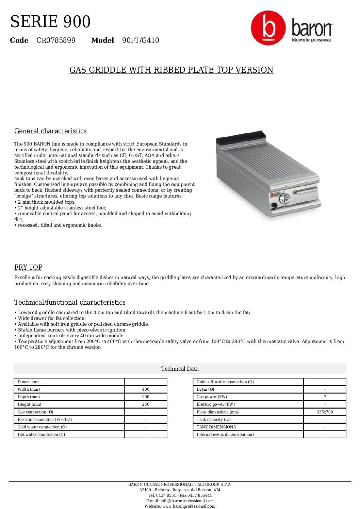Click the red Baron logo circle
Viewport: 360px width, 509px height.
(268, 28)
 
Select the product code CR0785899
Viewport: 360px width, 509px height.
(56, 40)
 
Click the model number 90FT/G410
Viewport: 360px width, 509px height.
(141, 40)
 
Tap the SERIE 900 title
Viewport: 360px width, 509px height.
(50, 22)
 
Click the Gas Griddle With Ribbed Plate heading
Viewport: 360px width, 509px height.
(171, 70)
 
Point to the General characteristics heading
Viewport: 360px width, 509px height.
(50, 131)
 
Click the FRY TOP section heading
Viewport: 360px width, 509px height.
(28, 268)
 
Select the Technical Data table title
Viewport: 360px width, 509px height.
(180, 369)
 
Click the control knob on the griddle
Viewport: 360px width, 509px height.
(284, 198)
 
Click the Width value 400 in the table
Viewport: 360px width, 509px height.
(146, 390)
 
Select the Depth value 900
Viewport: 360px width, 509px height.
(146, 397)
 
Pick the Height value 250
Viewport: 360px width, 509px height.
(146, 405)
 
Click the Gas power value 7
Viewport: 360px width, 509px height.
(325, 397)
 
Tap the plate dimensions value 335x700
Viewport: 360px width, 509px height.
(325, 412)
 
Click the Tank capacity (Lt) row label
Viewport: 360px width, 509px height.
(213, 420)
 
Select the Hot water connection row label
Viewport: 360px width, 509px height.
(41, 435)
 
